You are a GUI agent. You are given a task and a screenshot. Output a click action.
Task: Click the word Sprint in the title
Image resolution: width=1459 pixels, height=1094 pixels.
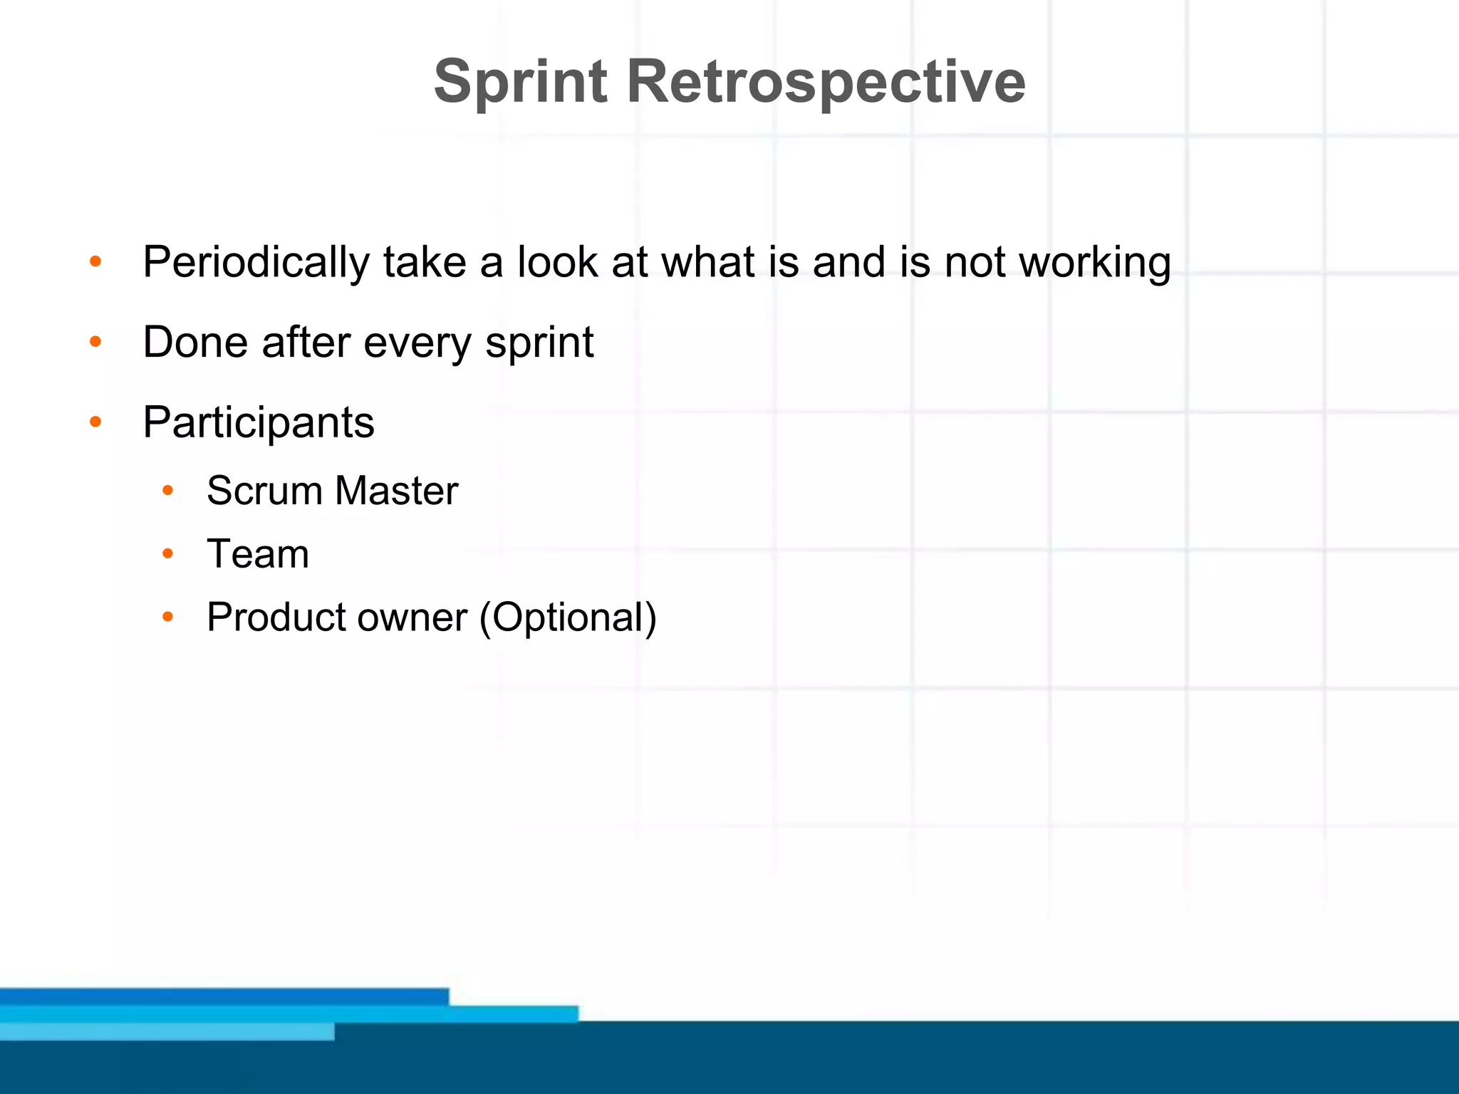520,82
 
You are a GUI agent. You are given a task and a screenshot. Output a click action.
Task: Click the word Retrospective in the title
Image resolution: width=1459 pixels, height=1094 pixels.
826,82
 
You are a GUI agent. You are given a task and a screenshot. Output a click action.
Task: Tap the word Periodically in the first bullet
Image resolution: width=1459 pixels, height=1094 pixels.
256,262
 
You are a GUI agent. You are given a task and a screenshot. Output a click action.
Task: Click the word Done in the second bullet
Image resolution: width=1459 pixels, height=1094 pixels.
195,342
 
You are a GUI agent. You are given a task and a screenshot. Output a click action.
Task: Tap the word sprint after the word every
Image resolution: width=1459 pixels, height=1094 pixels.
539,343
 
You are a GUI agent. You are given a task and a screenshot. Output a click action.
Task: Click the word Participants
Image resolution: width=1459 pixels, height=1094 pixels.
259,422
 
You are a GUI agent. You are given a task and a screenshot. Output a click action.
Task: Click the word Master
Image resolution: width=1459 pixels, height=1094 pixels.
396,491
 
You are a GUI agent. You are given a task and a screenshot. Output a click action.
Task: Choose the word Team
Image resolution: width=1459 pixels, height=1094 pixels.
258,553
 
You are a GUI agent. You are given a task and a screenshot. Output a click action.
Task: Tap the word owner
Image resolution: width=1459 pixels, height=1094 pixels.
412,618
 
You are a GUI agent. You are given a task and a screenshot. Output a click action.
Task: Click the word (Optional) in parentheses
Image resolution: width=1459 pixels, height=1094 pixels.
568,617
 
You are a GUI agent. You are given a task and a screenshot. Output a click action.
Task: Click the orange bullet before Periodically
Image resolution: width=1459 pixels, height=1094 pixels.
95,262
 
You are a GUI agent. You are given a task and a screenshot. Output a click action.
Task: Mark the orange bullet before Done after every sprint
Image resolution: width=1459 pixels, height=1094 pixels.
95,343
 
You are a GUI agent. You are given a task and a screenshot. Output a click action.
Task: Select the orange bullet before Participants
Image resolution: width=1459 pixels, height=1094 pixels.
95,422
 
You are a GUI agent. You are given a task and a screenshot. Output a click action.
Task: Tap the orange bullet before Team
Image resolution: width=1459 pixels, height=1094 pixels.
167,553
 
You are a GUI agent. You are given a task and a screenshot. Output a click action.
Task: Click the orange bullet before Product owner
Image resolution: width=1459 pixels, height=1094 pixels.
167,617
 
